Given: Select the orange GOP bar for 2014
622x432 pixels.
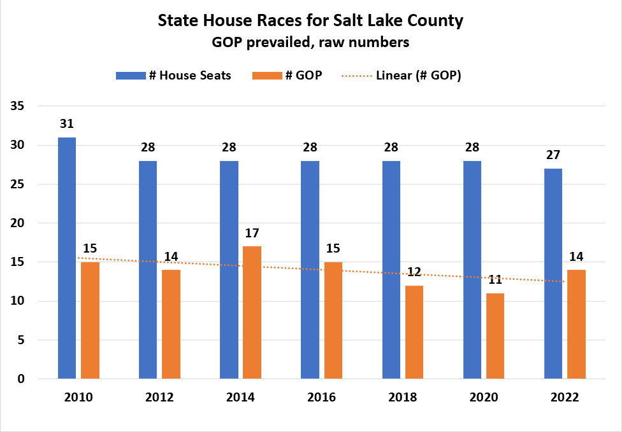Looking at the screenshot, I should click(252, 312).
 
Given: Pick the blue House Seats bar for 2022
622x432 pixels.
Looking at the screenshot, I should click(553, 274).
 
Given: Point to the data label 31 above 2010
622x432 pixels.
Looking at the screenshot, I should click(67, 124).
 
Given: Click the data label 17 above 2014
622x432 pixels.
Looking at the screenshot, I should click(252, 233).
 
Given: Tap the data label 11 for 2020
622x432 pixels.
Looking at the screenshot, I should click(495, 279).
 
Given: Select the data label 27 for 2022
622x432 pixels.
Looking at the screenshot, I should click(553, 155).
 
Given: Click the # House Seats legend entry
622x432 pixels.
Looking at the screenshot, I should click(173, 75).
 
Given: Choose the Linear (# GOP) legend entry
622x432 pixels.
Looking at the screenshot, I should click(401, 75).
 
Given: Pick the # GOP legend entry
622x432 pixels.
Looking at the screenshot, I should click(287, 75).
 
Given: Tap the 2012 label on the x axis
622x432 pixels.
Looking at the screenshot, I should click(159, 398).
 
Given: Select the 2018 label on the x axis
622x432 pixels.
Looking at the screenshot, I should click(402, 398).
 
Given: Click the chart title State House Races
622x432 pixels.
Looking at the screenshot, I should click(310, 20).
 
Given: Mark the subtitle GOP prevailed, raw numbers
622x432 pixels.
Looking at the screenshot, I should click(310, 43).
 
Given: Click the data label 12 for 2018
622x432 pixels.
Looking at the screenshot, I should click(414, 272).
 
